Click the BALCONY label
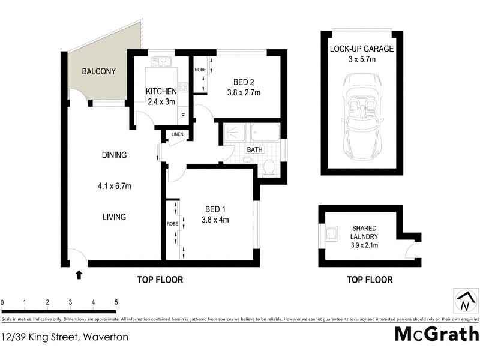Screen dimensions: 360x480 click(x=99, y=71)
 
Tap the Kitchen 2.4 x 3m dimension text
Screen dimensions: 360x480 click(x=162, y=101)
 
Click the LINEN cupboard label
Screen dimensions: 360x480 click(x=177, y=134)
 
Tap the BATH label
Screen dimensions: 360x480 click(x=254, y=150)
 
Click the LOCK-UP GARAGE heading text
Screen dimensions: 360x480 click(x=361, y=49)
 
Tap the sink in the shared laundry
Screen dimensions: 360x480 click(x=332, y=233)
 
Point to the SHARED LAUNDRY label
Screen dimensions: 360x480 click(x=365, y=233)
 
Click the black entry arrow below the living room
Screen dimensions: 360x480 click(x=78, y=275)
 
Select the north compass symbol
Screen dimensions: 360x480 click(x=464, y=300)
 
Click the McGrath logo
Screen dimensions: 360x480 click(x=436, y=334)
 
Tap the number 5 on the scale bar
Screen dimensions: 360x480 click(x=116, y=302)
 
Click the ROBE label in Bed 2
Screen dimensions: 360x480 click(x=200, y=70)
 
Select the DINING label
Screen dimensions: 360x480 click(x=114, y=155)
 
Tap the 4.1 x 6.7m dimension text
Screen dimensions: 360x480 click(x=114, y=186)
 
